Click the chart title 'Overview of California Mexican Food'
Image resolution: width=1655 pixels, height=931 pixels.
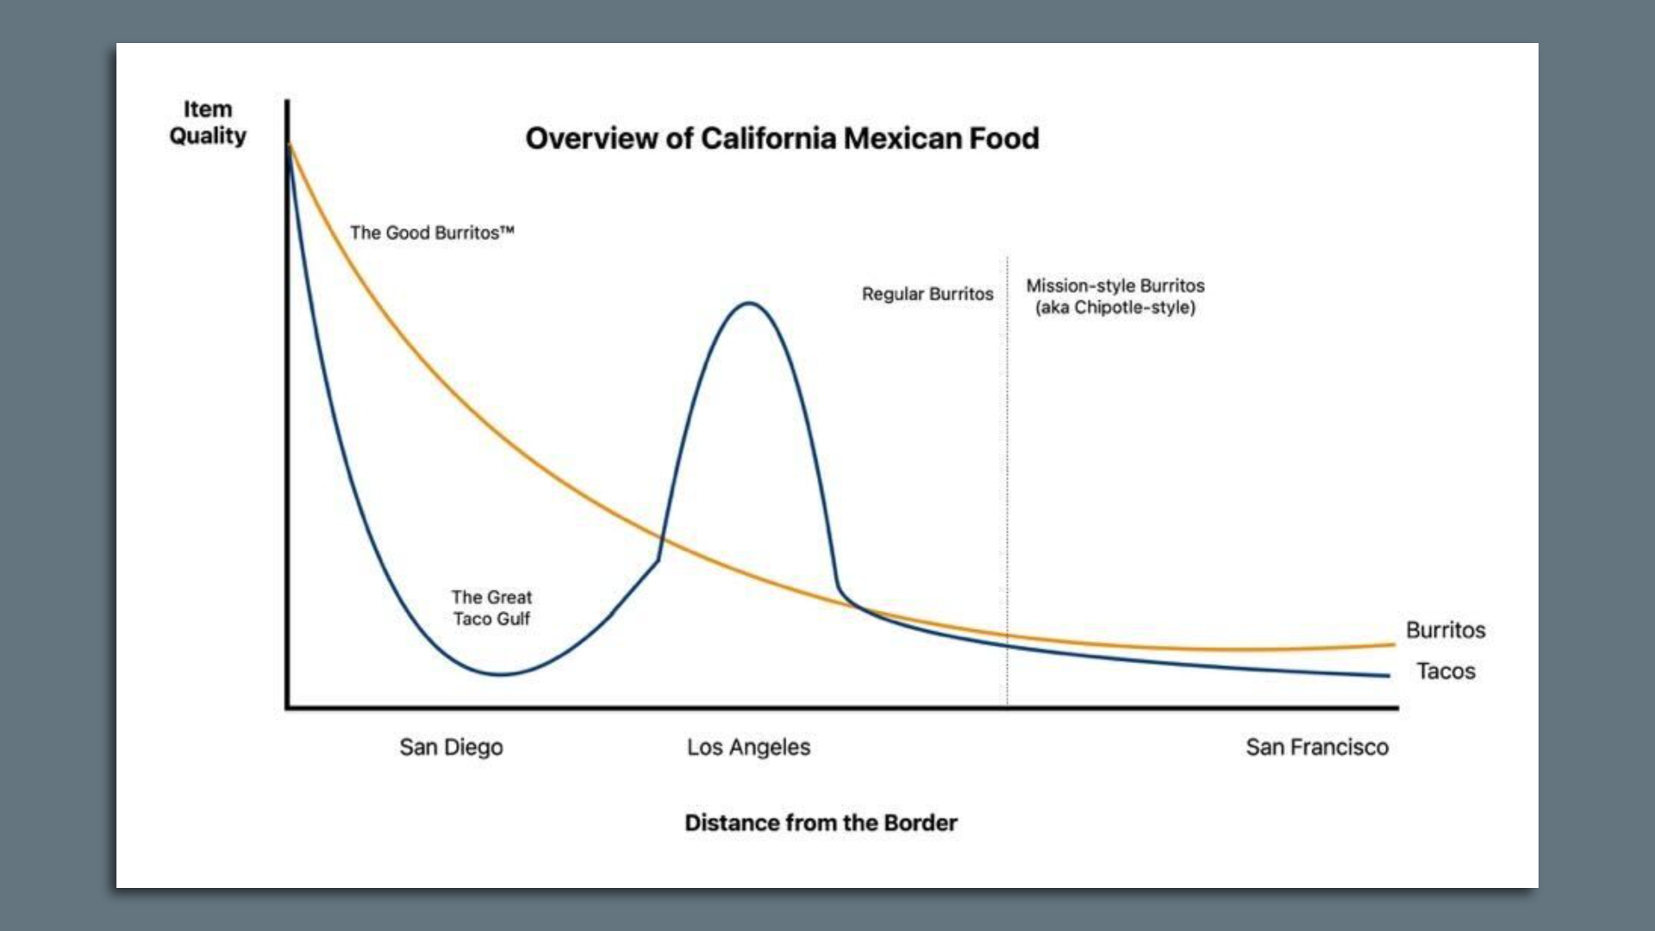(x=782, y=139)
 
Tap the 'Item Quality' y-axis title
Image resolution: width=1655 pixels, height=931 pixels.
(x=208, y=122)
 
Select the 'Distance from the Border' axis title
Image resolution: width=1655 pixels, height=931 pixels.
(x=821, y=822)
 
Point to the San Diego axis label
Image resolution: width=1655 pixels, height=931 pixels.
(x=451, y=747)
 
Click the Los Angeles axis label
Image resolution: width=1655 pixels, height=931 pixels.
(x=748, y=747)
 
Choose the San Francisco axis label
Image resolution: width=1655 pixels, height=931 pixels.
(x=1316, y=747)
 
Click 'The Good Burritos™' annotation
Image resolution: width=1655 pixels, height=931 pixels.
(x=432, y=233)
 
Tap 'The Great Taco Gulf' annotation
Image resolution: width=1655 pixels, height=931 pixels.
(x=491, y=608)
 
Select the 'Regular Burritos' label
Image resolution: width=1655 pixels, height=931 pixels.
(x=927, y=294)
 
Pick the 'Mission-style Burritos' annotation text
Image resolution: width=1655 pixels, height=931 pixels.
(x=1115, y=286)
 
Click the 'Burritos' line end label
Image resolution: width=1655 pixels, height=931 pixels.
(x=1446, y=630)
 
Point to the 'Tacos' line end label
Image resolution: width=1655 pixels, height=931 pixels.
(x=1446, y=671)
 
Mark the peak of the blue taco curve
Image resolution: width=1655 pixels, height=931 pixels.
(x=749, y=303)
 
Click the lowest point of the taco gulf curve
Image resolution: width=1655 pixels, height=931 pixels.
(x=500, y=674)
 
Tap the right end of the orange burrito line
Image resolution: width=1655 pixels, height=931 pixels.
(x=1393, y=644)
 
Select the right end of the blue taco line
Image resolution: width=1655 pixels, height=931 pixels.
(x=1388, y=676)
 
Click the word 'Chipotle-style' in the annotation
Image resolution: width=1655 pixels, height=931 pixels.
(x=1133, y=308)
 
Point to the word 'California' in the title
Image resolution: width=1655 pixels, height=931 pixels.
(x=767, y=139)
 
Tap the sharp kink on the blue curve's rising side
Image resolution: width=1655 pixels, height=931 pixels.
(x=658, y=560)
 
